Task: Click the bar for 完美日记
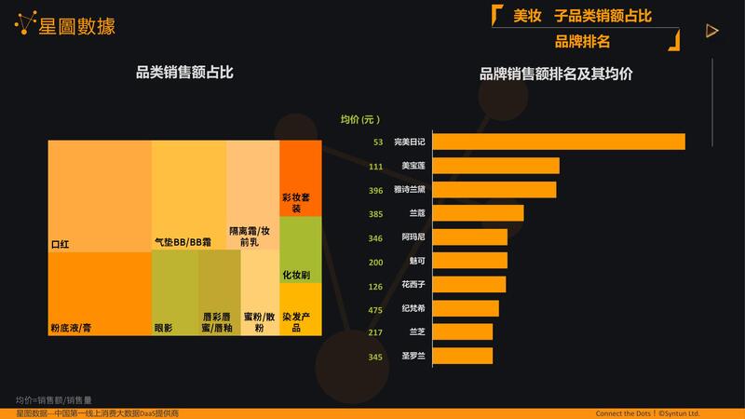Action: point(559,142)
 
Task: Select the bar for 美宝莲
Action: point(496,166)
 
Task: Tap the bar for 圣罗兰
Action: point(462,356)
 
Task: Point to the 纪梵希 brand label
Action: point(413,308)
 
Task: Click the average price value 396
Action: point(376,190)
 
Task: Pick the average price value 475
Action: point(376,308)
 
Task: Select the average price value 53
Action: point(378,142)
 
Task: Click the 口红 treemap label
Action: point(61,243)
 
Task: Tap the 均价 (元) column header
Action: point(360,119)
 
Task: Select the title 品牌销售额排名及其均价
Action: point(555,74)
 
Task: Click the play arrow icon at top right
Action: point(712,31)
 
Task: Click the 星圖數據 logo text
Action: point(78,26)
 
